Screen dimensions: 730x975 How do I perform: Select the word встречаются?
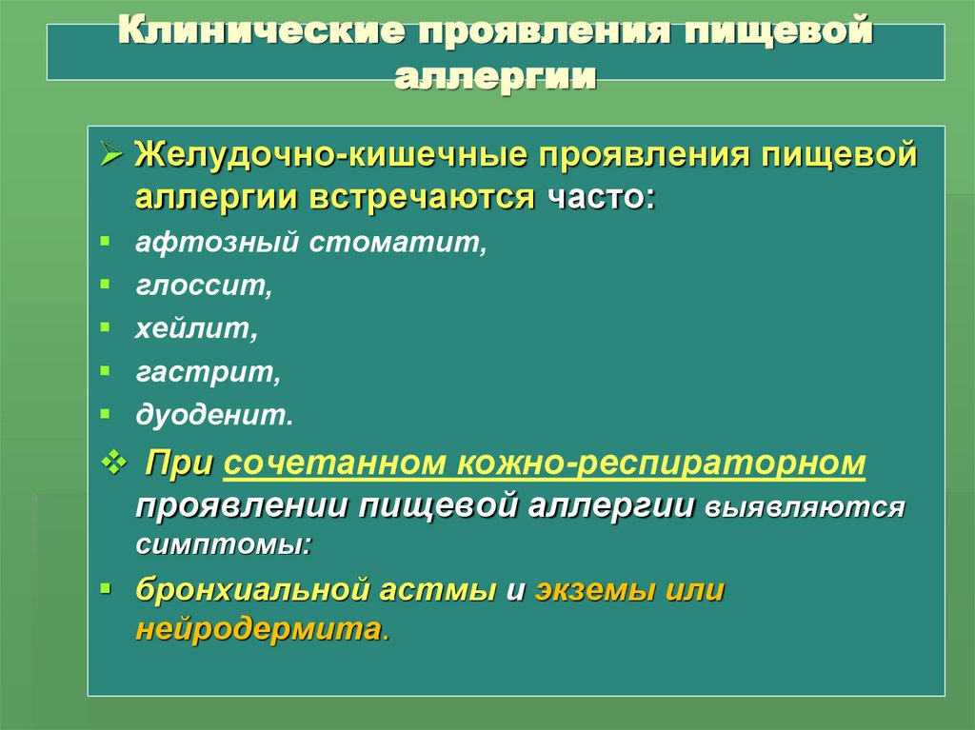(435, 198)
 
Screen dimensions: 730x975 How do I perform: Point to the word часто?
(601, 198)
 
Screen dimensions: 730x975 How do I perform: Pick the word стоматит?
(398, 242)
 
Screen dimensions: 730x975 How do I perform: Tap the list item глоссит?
(203, 285)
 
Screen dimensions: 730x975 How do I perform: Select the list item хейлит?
(196, 328)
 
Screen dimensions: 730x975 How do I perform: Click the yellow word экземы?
(595, 590)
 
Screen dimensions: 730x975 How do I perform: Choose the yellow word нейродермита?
(259, 630)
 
